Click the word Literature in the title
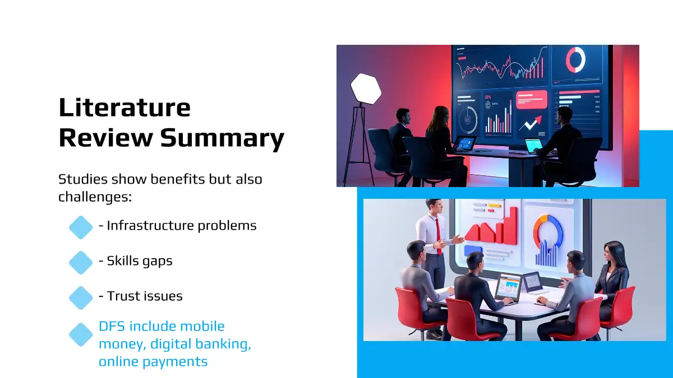point(125,108)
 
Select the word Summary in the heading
point(222,138)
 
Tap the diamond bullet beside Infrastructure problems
point(81,227)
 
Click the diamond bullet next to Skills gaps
point(81,263)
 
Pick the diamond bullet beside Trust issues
point(81,297)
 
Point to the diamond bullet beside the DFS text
point(81,334)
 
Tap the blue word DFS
point(112,326)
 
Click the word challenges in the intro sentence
point(95,197)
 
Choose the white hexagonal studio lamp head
point(366,89)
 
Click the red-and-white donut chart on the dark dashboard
point(575,59)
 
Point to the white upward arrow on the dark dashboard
point(531,123)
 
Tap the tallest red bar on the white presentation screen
point(511,225)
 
